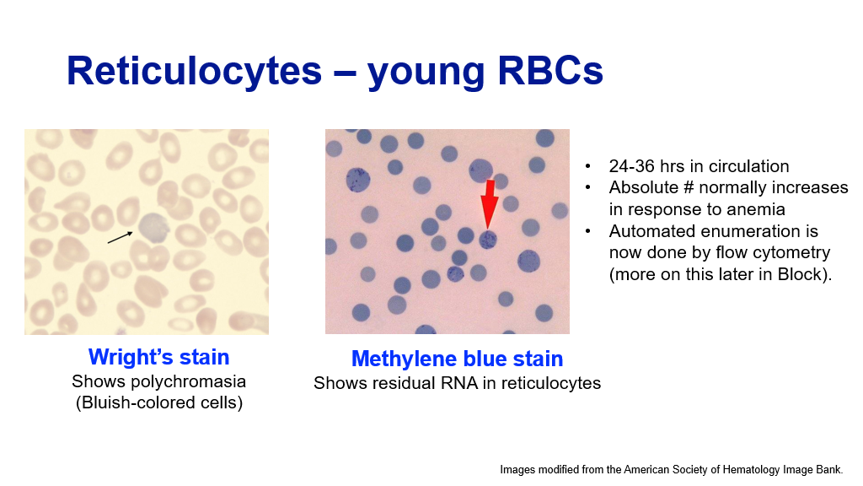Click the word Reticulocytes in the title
[x=194, y=72]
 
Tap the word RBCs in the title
[x=550, y=71]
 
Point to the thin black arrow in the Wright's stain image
[x=120, y=237]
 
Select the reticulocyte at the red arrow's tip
[x=488, y=240]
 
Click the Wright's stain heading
[x=158, y=357]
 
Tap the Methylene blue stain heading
[x=457, y=359]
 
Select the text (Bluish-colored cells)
[x=159, y=402]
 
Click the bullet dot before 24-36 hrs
[x=587, y=166]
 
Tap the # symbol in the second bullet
[x=688, y=187]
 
